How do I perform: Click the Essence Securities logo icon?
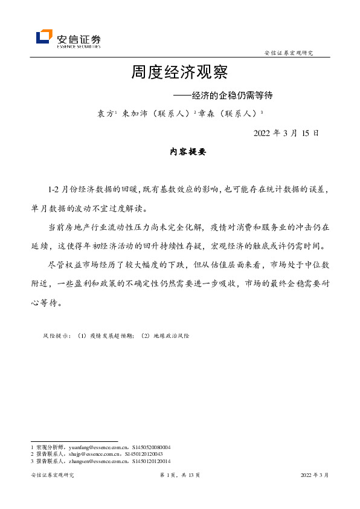(x=44, y=37)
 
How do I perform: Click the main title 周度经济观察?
(x=179, y=73)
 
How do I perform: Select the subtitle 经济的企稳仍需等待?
(x=233, y=96)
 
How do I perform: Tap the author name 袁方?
(x=105, y=113)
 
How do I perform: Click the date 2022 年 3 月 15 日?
(x=286, y=133)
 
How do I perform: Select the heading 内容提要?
(x=188, y=152)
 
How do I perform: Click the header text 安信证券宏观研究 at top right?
(x=289, y=53)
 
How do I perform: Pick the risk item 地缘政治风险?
(x=170, y=335)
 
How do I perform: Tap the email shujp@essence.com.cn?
(x=84, y=454)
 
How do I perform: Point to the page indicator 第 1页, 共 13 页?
(x=179, y=476)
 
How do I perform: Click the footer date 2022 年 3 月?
(x=314, y=476)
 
